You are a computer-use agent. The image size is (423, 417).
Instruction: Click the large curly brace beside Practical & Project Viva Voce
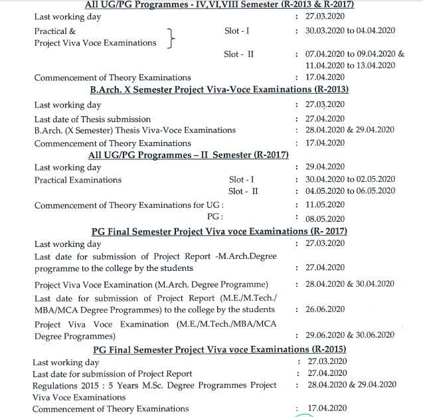[x=172, y=37]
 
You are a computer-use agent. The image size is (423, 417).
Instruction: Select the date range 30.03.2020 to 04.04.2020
[x=351, y=31]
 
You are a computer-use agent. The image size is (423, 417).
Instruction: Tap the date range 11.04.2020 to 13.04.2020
[x=350, y=65]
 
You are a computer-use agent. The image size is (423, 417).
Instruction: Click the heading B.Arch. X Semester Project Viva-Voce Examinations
[x=220, y=90]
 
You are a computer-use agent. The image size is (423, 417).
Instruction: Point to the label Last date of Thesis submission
[x=92, y=119]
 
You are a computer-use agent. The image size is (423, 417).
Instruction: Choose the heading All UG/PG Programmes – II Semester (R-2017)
[x=189, y=155]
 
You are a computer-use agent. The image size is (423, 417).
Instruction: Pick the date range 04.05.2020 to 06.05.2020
[x=350, y=191]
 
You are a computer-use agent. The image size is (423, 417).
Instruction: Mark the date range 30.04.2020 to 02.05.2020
[x=350, y=179]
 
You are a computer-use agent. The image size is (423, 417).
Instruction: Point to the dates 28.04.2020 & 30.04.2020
[x=350, y=284]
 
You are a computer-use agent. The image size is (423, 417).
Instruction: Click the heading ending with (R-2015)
[x=220, y=349]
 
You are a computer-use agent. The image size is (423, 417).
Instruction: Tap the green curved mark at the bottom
[x=305, y=415]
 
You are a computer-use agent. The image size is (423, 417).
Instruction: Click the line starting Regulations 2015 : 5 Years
[x=154, y=385]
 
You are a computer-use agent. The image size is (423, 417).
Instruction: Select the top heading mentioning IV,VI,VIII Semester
[x=220, y=5]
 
